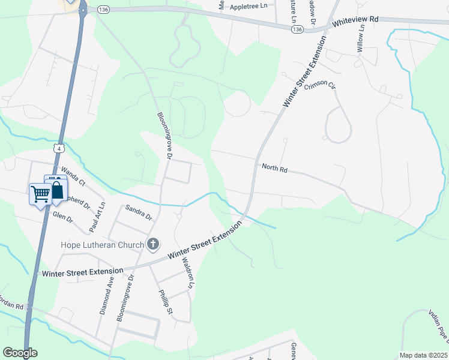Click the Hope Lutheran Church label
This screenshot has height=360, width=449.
(103, 245)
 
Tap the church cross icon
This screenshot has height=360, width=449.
(153, 244)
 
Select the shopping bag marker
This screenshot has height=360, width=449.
(56, 190)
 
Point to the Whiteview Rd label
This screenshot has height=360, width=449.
(356, 20)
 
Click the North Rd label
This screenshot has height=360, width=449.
(275, 168)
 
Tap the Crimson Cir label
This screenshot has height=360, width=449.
(320, 86)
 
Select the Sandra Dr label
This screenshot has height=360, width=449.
(139, 212)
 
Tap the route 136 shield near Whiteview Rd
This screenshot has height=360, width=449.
(297, 28)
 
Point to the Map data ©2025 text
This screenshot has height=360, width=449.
(423, 355)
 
